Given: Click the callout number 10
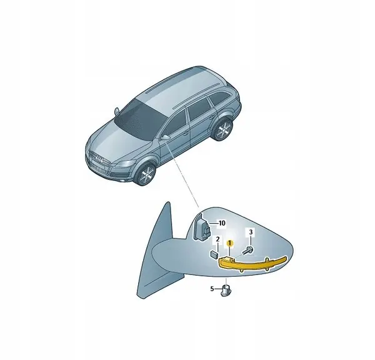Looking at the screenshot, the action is coord(222,223).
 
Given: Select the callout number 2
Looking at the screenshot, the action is coord(217,239).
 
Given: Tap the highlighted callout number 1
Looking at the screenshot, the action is coord(230,244).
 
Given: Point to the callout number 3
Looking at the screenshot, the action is coord(251,232).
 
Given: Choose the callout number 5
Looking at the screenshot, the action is coord(212,289).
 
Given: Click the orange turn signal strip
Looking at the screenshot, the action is coord(253,263).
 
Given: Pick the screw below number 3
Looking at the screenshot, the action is coord(247,250).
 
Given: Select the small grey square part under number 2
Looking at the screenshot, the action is coord(214,254).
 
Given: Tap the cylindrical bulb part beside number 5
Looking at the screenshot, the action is coord(226,290).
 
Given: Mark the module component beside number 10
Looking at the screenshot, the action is coord(202,227).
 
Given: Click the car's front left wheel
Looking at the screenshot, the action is coord(146,174).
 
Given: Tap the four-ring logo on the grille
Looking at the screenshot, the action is coord(99,159).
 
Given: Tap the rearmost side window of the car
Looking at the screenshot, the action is coord(219,97).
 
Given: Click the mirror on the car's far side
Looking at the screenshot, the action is coord(117,111).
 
